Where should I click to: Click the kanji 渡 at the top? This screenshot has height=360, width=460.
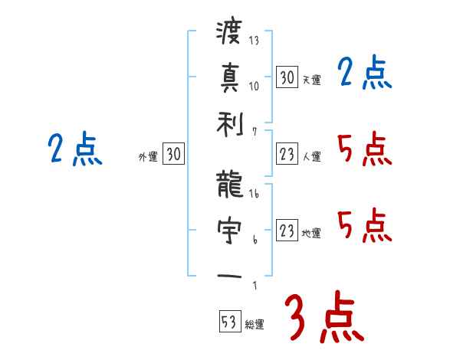(229, 33)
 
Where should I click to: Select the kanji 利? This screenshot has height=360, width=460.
(229, 123)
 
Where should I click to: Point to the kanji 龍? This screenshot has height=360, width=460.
(229, 183)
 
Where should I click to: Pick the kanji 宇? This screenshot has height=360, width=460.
(229, 228)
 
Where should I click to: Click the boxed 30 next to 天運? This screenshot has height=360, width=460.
(287, 77)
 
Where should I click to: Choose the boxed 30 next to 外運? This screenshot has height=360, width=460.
(173, 155)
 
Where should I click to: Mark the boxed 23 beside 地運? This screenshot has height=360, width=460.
(287, 231)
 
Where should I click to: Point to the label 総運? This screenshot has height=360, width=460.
(255, 325)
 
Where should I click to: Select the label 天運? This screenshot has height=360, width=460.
(311, 80)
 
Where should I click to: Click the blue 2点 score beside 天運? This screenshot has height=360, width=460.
(364, 74)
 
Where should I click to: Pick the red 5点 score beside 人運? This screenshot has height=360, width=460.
(364, 149)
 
